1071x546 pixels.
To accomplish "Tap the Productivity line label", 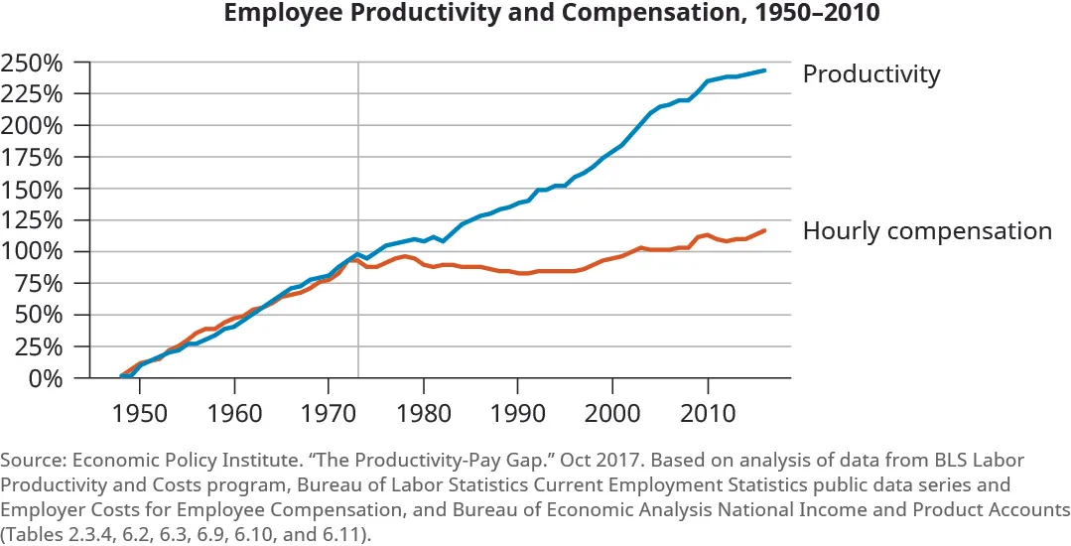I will pos(870,74).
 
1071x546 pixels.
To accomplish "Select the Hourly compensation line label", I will pos(926,231).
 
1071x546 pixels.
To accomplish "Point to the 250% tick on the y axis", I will pos(33,63).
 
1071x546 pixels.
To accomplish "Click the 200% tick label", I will pos(33,126).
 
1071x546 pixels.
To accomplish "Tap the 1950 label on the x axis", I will pos(140,411).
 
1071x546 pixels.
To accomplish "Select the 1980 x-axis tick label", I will pos(424,411).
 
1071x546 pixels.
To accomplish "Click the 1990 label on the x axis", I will pos(518,411).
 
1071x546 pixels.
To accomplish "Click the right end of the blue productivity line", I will pos(764,70).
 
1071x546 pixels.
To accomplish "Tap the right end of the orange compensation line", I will pos(764,230).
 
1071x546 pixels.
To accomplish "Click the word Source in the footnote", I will pos(31,461).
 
